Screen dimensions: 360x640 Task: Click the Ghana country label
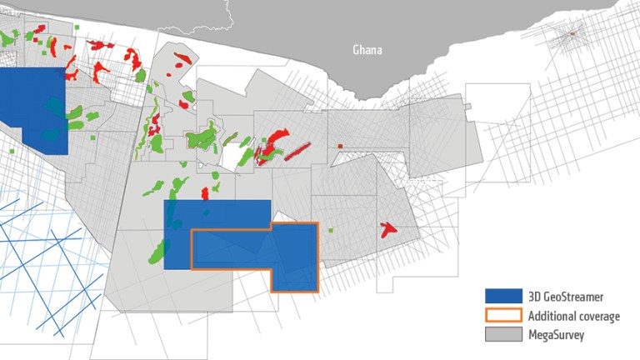367,50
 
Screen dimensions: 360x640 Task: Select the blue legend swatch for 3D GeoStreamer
502,295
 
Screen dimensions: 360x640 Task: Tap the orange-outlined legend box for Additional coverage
502,315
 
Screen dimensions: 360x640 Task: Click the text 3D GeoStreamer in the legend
562,296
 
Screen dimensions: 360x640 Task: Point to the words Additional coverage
573,316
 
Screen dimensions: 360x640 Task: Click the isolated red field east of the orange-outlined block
388,229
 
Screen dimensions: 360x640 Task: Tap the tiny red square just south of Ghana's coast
340,147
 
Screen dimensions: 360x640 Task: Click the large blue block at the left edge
32,108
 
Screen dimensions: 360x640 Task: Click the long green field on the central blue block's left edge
159,250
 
